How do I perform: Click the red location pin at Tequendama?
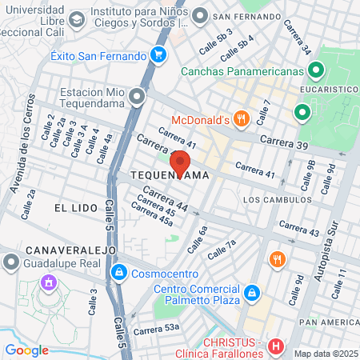[x=180, y=162]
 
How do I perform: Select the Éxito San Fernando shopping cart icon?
[x=158, y=55]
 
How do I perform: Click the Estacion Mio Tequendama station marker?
[x=138, y=98]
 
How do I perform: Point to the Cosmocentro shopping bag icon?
[x=119, y=273]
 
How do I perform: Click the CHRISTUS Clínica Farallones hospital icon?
[x=275, y=346]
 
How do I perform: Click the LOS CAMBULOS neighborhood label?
[x=276, y=200]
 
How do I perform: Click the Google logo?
[x=26, y=350]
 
